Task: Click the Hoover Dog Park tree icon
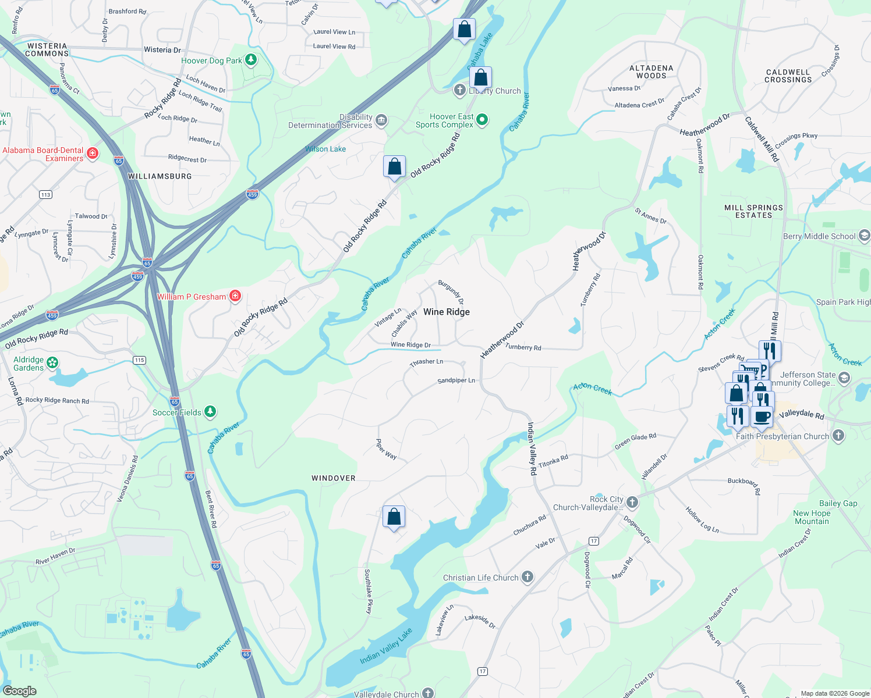click(251, 60)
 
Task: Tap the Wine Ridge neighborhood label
click(447, 312)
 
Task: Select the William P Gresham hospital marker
click(235, 296)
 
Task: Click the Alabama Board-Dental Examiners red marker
click(92, 154)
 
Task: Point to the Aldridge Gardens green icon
click(52, 363)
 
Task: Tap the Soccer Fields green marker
click(210, 412)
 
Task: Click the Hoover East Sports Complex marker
click(482, 120)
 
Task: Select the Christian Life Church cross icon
click(527, 577)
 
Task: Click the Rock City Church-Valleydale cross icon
click(632, 502)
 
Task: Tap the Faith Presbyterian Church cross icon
click(838, 435)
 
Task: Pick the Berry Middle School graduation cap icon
click(865, 236)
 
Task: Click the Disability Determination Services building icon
click(381, 120)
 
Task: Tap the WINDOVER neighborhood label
click(334, 478)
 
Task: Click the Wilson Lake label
click(325, 149)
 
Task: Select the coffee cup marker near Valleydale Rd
click(762, 417)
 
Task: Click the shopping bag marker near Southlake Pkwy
click(394, 517)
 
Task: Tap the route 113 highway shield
click(46, 194)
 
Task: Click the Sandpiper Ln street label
click(456, 380)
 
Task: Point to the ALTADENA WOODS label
click(652, 72)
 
